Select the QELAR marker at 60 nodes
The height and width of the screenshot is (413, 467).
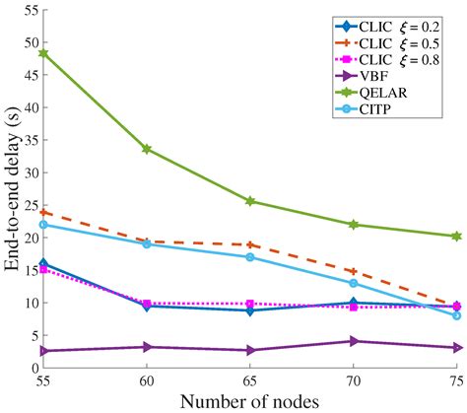[x=147, y=149]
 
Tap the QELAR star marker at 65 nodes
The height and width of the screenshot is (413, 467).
[x=250, y=201]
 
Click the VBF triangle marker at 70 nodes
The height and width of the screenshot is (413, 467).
[x=354, y=341]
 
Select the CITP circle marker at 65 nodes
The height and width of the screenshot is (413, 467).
[x=250, y=257]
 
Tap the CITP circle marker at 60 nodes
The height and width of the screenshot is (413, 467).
[x=147, y=243]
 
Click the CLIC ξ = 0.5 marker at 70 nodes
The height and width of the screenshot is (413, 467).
[x=354, y=271]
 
